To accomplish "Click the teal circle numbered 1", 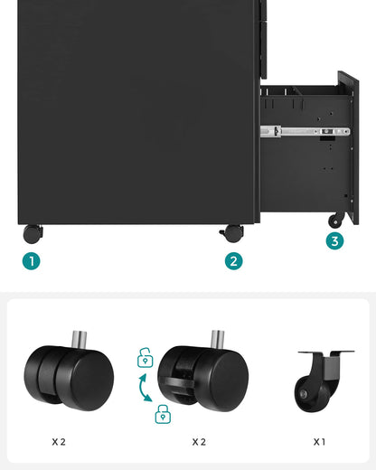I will pyautogui.click(x=32, y=261).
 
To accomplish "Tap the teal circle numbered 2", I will pyautogui.click(x=234, y=261).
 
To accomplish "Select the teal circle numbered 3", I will pyautogui.click(x=335, y=240).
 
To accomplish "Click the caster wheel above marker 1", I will pyautogui.click(x=33, y=233).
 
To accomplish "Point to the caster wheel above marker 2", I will pyautogui.click(x=231, y=233).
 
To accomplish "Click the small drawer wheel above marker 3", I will pyautogui.click(x=336, y=220).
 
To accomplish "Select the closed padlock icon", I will pyautogui.click(x=163, y=415).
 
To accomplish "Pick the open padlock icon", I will pyautogui.click(x=145, y=359).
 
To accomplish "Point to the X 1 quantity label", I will pyautogui.click(x=319, y=442).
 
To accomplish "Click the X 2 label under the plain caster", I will pyautogui.click(x=59, y=442).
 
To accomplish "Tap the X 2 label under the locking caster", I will pyautogui.click(x=200, y=442).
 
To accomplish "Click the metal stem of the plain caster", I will pyautogui.click(x=80, y=341).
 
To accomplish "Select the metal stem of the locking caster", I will pyautogui.click(x=218, y=342).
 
